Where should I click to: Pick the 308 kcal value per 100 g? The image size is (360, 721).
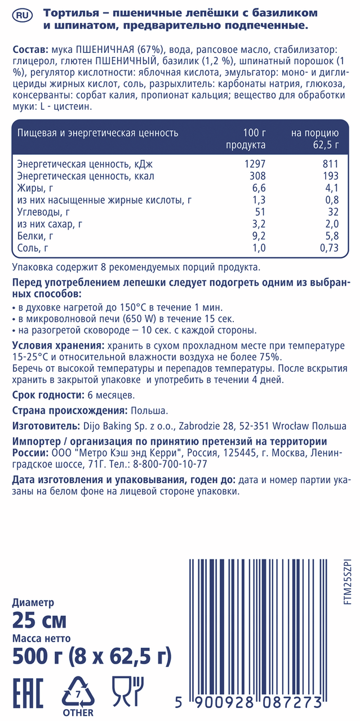pyautogui.click(x=256, y=176)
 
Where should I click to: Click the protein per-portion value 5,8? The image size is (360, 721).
pyautogui.click(x=331, y=235)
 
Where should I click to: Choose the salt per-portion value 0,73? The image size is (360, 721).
pyautogui.click(x=328, y=248)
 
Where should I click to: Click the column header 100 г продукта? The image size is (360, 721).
pyautogui.click(x=246, y=139)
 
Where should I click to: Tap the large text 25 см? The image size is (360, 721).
pyautogui.click(x=39, y=621)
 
